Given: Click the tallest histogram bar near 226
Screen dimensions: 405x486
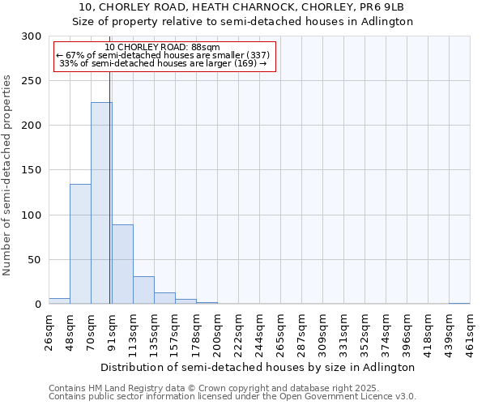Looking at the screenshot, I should click(x=101, y=202).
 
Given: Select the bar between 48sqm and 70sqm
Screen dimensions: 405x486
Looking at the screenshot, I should click(x=80, y=244).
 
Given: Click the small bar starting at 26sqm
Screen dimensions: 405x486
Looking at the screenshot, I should click(x=59, y=301).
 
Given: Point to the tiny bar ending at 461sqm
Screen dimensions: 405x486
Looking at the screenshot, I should click(x=459, y=304).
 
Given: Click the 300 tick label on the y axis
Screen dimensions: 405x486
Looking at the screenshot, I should click(x=32, y=36).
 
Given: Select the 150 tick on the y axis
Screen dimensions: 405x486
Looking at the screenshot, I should click(x=32, y=170).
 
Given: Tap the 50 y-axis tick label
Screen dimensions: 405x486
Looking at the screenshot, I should click(x=35, y=260).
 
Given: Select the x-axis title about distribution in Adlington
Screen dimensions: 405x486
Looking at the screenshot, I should click(x=259, y=367).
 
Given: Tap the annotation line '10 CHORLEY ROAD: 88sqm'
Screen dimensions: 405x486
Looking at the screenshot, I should click(x=162, y=47).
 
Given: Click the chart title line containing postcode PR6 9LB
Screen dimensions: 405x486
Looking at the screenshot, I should click(x=243, y=7).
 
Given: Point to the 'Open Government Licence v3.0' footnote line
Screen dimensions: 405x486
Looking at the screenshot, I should click(x=232, y=397).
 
